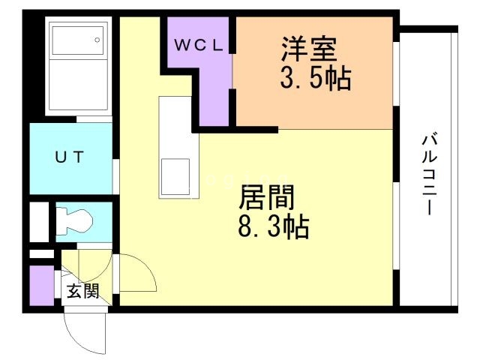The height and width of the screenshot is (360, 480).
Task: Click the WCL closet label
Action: pos(199,44)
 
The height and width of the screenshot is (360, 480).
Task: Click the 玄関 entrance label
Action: pos(82,291)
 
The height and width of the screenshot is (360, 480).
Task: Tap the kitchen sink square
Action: pos(176,177)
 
